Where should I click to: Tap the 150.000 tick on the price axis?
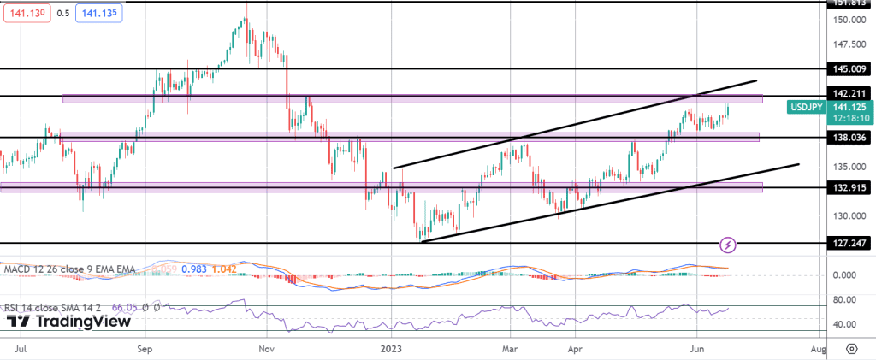[847, 20]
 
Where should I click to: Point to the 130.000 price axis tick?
[847, 215]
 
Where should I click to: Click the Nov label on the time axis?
[266, 349]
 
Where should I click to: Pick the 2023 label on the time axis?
[391, 349]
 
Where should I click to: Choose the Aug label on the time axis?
[818, 349]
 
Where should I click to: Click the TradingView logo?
[68, 322]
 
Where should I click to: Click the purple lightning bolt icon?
[728, 245]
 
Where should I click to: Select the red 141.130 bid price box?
[26, 13]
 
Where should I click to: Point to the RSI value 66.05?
[125, 306]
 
